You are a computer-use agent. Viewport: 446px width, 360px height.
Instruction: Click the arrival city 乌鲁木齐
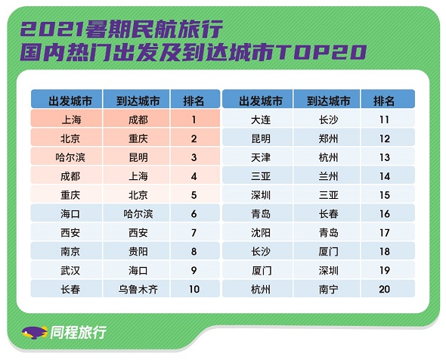(138, 290)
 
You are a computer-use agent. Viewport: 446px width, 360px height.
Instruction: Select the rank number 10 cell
(194, 290)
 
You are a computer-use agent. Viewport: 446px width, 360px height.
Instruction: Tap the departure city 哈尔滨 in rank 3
(70, 157)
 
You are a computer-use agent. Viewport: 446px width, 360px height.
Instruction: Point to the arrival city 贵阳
(138, 252)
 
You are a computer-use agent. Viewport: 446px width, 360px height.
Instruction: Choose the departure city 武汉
(70, 270)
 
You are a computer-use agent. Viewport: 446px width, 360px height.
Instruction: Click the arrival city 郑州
(328, 138)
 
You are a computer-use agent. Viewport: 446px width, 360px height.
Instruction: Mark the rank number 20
(384, 290)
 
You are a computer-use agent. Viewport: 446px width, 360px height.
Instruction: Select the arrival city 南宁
(328, 290)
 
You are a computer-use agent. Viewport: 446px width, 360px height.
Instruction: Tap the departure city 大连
(261, 119)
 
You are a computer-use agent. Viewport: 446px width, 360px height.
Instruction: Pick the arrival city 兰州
(328, 176)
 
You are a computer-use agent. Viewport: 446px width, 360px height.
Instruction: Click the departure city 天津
(261, 157)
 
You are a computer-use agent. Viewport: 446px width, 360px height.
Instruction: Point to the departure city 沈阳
(261, 233)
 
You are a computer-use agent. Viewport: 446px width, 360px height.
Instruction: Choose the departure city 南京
(70, 252)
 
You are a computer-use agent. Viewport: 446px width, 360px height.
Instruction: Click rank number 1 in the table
(194, 119)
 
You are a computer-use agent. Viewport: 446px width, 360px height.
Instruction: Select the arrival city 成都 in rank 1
(138, 119)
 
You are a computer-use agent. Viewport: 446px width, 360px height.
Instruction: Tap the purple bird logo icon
(35, 333)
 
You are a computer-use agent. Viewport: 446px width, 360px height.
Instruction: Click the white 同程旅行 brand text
(78, 332)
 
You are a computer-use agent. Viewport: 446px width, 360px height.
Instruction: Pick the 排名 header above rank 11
(384, 101)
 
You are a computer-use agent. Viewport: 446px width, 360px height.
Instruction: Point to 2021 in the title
(52, 29)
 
